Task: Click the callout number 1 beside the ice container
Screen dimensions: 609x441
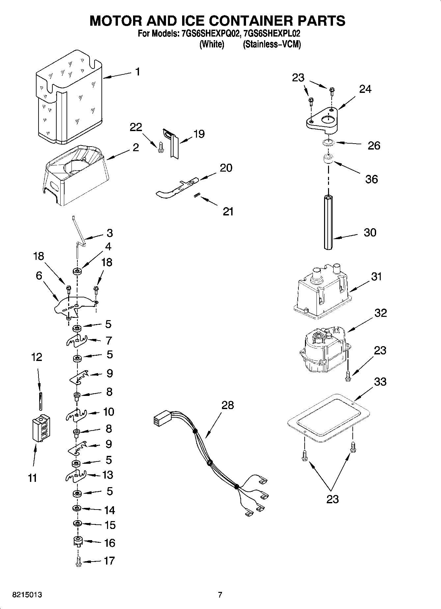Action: pyautogui.click(x=138, y=71)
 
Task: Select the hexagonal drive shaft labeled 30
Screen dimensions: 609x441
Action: pyautogui.click(x=328, y=222)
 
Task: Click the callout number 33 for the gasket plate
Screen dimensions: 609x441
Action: pyautogui.click(x=380, y=382)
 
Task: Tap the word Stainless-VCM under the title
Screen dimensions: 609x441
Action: pyautogui.click(x=272, y=44)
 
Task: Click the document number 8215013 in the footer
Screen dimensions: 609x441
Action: pyautogui.click(x=27, y=595)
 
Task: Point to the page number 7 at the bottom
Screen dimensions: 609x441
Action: pyautogui.click(x=220, y=595)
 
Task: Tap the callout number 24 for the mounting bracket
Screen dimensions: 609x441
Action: pyautogui.click(x=365, y=89)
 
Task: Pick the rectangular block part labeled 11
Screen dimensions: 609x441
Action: pyautogui.click(x=41, y=428)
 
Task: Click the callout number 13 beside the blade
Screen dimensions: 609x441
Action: pyautogui.click(x=108, y=475)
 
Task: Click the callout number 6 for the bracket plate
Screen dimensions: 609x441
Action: pyautogui.click(x=39, y=275)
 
